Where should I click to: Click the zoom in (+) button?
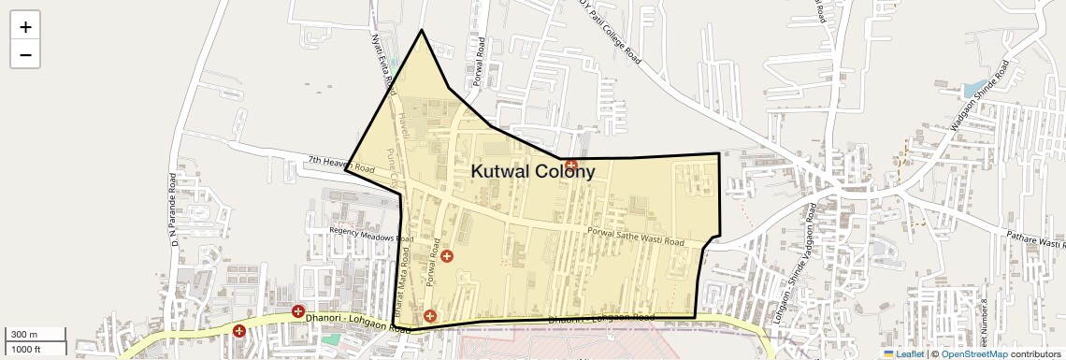coord(25,27)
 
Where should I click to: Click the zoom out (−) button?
coord(25,54)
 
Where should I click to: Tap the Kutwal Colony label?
coord(532,171)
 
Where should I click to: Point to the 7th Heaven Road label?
coord(341,165)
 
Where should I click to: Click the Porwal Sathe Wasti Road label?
coord(636,236)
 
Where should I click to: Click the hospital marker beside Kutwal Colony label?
coord(570,166)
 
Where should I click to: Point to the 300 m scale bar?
coord(35,335)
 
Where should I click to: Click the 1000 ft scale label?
coord(25,349)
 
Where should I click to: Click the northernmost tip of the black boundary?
coord(422,30)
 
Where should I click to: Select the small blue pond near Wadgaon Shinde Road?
coord(972,90)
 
